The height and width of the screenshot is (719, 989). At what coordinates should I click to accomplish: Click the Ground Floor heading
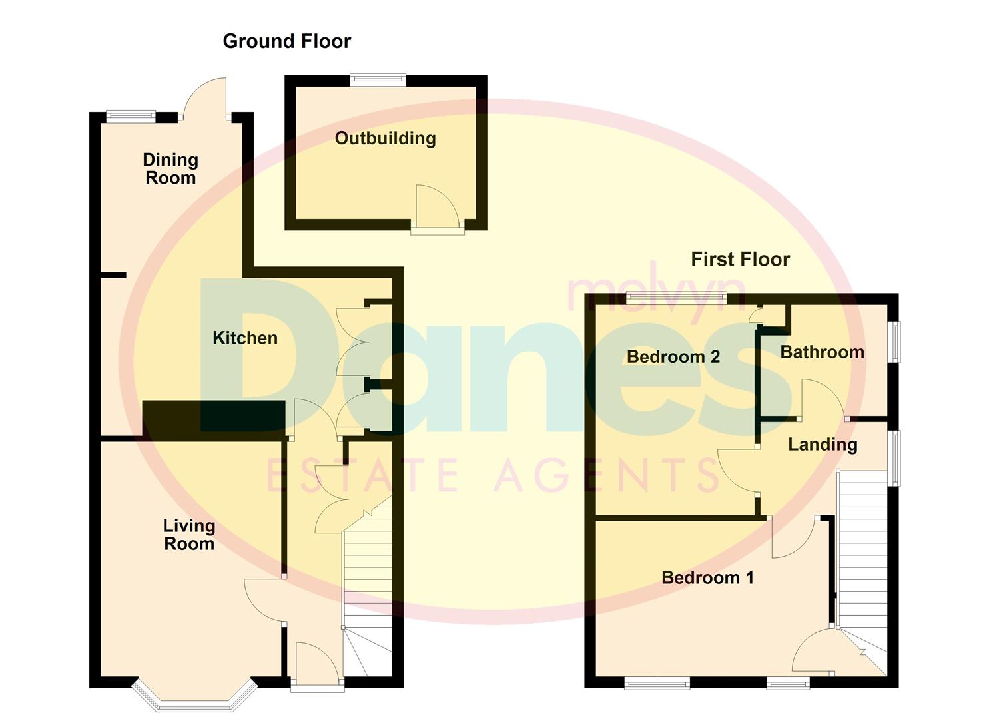point(286,41)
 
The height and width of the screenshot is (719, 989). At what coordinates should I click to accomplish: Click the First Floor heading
point(740,259)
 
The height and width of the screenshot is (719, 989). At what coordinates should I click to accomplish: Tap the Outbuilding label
point(385,138)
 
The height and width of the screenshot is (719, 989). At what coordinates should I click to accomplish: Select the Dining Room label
point(170,168)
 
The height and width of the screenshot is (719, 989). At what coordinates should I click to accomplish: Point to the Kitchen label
point(245,338)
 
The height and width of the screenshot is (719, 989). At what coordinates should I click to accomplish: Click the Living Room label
point(189,535)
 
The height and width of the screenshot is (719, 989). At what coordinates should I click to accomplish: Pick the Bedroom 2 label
point(673,357)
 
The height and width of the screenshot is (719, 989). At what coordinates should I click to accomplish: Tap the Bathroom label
point(822,352)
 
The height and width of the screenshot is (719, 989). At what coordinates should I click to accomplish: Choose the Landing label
point(823,445)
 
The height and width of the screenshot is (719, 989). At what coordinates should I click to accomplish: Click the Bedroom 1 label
point(707,577)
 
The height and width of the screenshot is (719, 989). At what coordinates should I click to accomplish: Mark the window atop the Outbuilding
point(378,80)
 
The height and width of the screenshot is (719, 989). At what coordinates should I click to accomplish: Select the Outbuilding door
point(436,209)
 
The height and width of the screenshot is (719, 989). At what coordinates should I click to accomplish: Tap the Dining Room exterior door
point(206,100)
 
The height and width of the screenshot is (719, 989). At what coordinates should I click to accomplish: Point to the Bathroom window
point(895,342)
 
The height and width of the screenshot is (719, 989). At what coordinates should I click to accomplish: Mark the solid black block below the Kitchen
point(214,416)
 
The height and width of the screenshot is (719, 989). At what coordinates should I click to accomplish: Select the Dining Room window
point(131,117)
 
